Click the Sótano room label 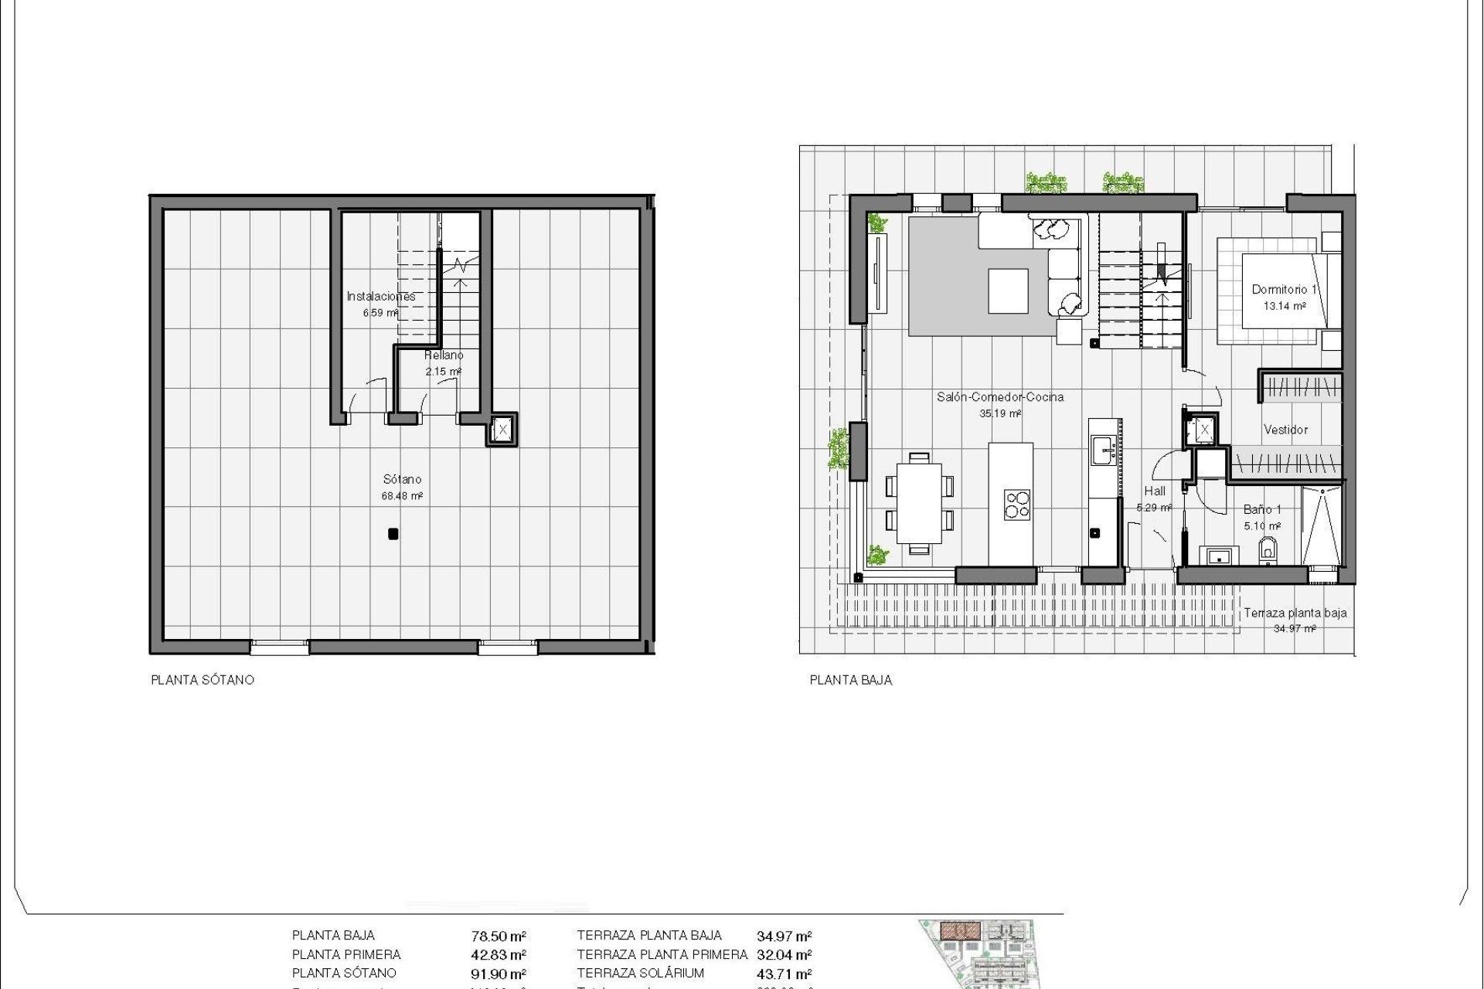click(402, 479)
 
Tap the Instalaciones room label click(380, 296)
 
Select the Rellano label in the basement click(444, 355)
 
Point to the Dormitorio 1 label click(1284, 290)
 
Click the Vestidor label click(1285, 430)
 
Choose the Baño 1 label click(1262, 510)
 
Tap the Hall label click(1155, 491)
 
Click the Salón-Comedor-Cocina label click(1000, 397)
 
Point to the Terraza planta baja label click(1295, 613)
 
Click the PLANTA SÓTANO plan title click(203, 681)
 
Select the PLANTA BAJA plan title click(850, 681)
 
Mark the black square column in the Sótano click(393, 533)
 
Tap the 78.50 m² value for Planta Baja click(499, 936)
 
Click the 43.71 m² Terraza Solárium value click(784, 974)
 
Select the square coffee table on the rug click(1008, 291)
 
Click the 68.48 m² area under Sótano click(402, 497)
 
